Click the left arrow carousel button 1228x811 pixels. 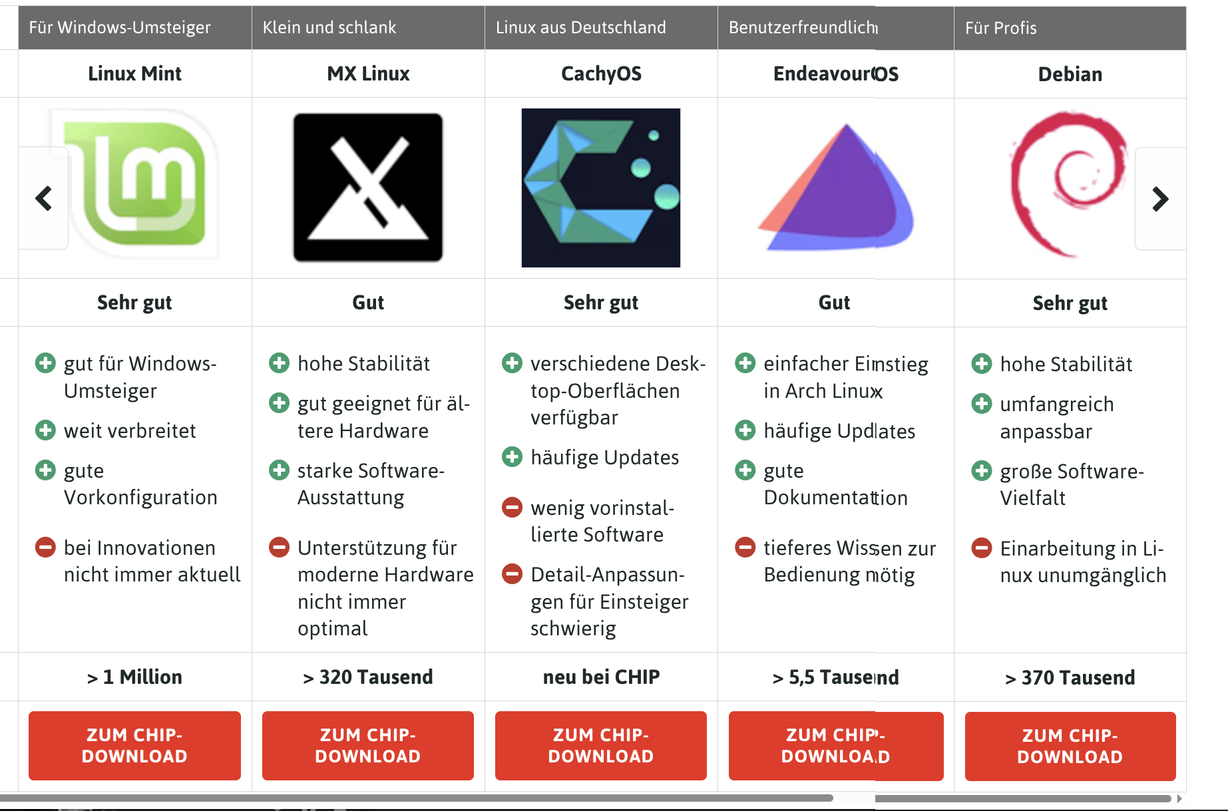[x=43, y=198]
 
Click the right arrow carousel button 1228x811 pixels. [x=1160, y=198]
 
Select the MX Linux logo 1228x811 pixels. [x=368, y=188]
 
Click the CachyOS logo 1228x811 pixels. [x=601, y=188]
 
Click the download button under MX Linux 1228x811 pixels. [x=368, y=745]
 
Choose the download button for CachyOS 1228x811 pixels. [x=601, y=745]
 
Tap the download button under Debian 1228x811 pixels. [x=1070, y=746]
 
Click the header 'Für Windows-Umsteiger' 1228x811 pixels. [x=120, y=27]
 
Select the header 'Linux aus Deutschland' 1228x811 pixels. [x=581, y=27]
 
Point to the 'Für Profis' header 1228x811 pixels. [x=1001, y=28]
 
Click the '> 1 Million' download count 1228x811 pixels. [x=134, y=677]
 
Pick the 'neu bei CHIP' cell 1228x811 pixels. [x=601, y=677]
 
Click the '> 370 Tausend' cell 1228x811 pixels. [x=1070, y=677]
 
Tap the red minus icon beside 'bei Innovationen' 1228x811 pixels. [x=45, y=548]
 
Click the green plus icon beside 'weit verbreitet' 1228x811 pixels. [x=45, y=430]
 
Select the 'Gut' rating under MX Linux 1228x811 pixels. [x=368, y=303]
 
